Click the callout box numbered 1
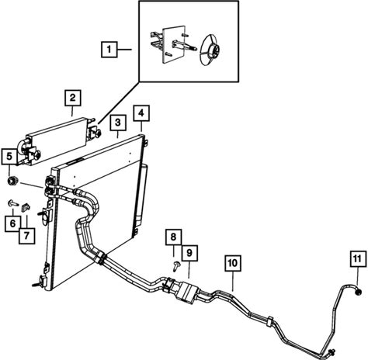click(109, 49)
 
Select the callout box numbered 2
click(73, 98)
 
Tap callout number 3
click(118, 123)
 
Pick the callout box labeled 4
click(141, 112)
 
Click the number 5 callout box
click(9, 157)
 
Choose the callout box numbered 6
click(13, 223)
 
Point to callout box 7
click(26, 236)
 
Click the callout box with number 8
click(173, 237)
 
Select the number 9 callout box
click(189, 253)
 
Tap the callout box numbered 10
click(233, 263)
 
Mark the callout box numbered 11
click(359, 258)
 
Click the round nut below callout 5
click(12, 181)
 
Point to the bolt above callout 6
click(13, 203)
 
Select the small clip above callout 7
click(26, 207)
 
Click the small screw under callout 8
click(176, 266)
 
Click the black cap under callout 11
click(358, 292)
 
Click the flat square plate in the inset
click(174, 44)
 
